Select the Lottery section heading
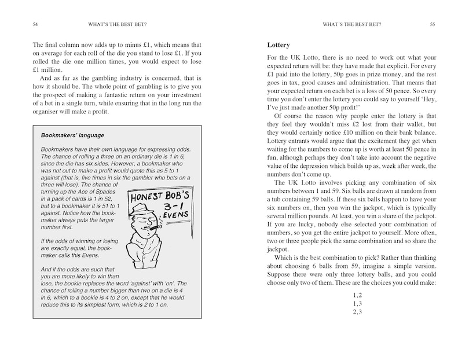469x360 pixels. coord(279,45)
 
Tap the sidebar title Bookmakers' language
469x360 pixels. coord(72,135)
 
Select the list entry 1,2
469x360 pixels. coord(357,295)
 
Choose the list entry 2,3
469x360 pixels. coord(357,313)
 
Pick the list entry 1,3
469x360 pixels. coord(357,304)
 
